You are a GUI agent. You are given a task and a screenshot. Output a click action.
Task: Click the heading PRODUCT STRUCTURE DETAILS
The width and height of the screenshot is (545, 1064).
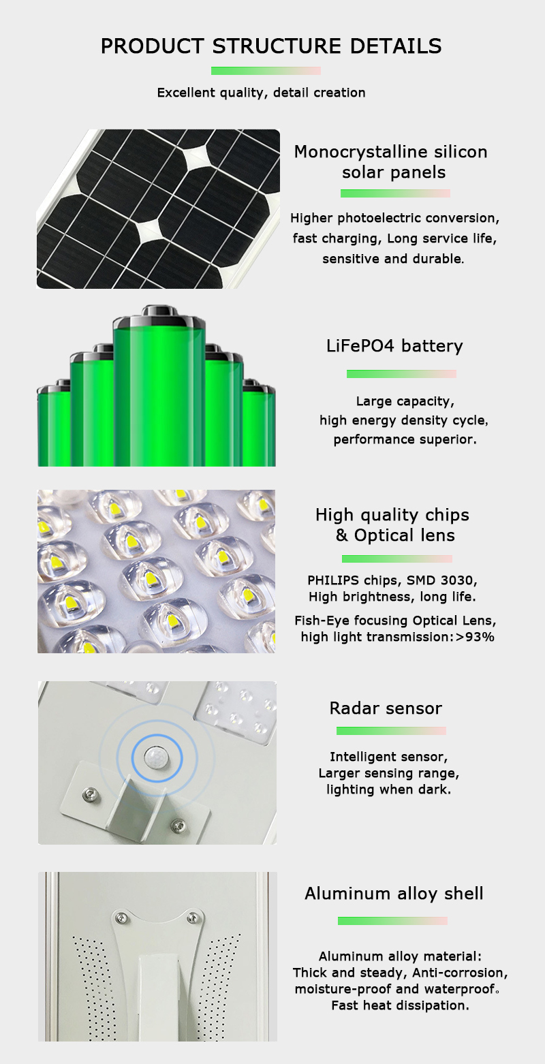pos(271,46)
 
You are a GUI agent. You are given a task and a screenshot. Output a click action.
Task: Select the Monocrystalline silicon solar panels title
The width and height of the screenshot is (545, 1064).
pos(391,161)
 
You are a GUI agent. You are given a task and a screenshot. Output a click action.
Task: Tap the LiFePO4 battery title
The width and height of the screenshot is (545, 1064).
pos(394,346)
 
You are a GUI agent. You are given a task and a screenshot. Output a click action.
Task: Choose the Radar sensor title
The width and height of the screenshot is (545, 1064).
pos(386,708)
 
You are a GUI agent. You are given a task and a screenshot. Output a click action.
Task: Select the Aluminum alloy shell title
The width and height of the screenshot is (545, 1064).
pos(394,894)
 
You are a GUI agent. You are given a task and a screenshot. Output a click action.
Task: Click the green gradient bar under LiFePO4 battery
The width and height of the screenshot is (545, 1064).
pos(401,374)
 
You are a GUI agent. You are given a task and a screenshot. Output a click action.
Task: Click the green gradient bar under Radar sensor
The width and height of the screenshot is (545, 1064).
pos(391,731)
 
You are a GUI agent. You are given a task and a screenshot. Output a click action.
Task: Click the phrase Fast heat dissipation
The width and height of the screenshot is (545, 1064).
pos(400,1005)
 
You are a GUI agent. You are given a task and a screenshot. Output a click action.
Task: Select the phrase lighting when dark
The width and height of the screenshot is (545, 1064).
pos(388,789)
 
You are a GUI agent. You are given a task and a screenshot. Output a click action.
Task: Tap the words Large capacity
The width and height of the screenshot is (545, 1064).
pos(405,401)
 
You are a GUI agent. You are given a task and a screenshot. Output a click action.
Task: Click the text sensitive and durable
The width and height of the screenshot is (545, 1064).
pos(393,259)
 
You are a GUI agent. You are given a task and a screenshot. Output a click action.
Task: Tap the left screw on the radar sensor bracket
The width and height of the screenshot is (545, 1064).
pos(89,793)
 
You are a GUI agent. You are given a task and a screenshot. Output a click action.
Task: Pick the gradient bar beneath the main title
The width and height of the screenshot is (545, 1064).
pos(266,71)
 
